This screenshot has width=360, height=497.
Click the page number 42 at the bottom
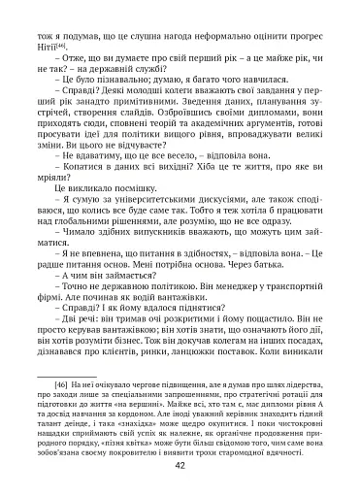[x=180, y=465]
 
